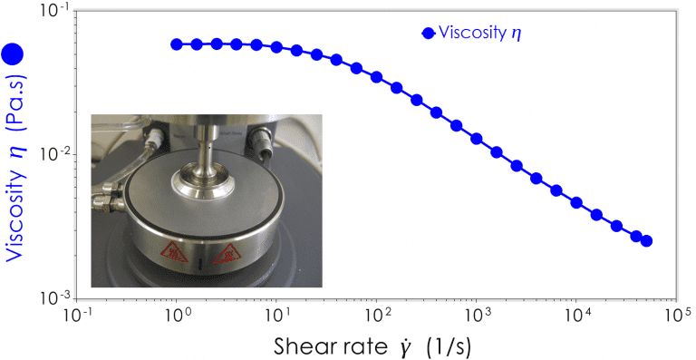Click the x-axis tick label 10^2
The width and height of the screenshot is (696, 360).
375,314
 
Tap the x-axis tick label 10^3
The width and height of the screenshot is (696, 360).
476,314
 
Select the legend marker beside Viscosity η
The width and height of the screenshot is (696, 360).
428,33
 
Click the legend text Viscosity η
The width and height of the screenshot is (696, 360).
481,34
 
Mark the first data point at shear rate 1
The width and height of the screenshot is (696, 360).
177,44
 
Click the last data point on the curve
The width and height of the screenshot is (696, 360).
646,240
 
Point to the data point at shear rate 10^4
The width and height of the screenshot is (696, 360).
576,202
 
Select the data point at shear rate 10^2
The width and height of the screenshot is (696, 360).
376,77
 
